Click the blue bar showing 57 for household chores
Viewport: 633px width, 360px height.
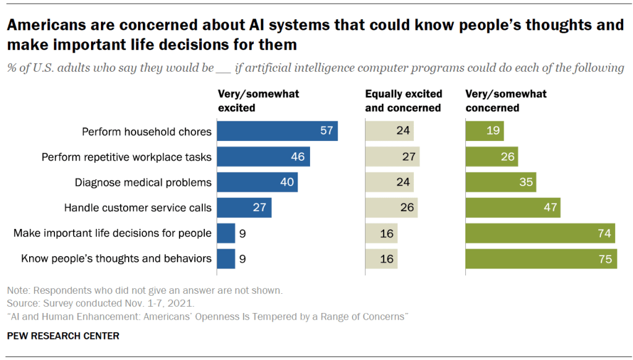click(277, 131)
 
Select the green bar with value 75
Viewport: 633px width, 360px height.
click(541, 259)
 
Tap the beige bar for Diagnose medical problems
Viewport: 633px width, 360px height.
click(389, 182)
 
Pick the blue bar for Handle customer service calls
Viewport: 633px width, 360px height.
click(244, 208)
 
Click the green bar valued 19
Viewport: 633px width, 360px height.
click(484, 131)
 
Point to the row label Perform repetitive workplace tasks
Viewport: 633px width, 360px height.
click(126, 157)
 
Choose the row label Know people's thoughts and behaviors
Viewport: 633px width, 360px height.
click(116, 259)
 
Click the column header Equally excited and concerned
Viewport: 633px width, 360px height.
click(403, 101)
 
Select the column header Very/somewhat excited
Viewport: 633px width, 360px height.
click(259, 101)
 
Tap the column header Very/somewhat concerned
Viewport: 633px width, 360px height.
click(506, 101)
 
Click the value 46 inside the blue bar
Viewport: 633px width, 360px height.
click(298, 157)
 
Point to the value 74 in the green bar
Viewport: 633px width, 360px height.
click(604, 233)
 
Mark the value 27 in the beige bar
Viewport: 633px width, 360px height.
click(408, 157)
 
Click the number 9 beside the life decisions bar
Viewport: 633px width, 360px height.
click(243, 233)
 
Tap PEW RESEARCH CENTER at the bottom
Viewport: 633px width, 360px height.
click(63, 336)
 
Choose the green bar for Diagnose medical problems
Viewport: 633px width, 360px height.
click(501, 182)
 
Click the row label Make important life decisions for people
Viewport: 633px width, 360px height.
click(113, 233)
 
